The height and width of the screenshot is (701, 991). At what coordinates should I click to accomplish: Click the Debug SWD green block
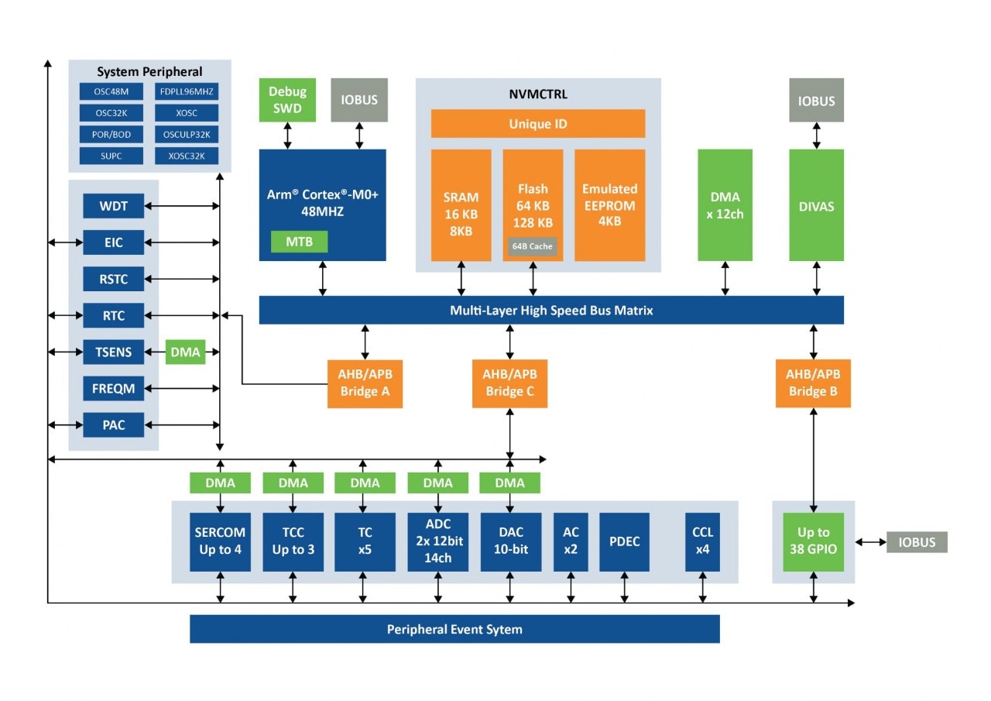point(287,100)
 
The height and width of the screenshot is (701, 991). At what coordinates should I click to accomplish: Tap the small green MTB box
point(299,242)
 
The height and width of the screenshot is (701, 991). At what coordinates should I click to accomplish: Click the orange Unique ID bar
point(537,124)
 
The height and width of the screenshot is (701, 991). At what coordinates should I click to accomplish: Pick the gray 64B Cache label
point(532,246)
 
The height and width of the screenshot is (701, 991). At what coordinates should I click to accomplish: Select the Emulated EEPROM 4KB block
point(609,204)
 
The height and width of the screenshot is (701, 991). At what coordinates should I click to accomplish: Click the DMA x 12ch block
point(725,204)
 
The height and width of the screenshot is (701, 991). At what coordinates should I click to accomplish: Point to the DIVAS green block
point(816,206)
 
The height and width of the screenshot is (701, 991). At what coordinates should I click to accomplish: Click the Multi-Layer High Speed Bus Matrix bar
point(550,311)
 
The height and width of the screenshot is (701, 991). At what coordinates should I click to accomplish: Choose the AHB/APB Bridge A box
point(364,383)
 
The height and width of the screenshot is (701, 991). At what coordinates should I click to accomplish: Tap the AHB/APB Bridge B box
point(812,383)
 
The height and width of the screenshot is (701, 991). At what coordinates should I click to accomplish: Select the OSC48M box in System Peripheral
point(111,91)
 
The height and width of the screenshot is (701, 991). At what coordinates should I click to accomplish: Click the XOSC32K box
point(187,156)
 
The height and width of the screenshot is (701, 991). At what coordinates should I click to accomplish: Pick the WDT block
point(114,207)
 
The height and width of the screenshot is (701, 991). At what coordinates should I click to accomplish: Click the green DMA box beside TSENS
point(185,352)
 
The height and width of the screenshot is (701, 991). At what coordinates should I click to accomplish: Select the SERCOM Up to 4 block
point(220,541)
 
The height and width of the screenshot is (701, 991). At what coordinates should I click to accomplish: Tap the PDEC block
point(624,541)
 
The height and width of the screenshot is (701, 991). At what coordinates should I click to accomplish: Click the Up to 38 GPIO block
point(813,541)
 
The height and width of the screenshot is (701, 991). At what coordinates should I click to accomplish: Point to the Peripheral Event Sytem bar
point(454,629)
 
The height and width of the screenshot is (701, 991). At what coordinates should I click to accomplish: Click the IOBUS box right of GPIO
point(917,542)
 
